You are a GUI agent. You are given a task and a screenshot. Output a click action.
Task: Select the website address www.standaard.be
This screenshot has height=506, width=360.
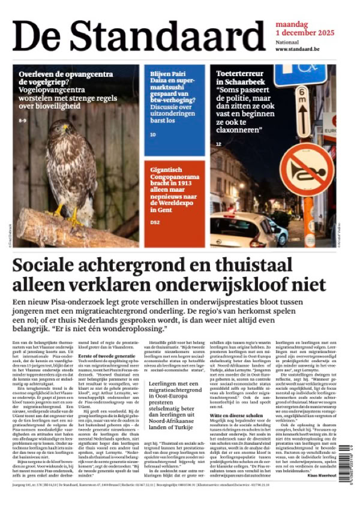pos(300,49)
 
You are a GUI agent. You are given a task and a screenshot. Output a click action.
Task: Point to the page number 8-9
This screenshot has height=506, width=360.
pos(23,121)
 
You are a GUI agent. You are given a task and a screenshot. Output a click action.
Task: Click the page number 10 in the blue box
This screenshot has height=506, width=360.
pos(153,134)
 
